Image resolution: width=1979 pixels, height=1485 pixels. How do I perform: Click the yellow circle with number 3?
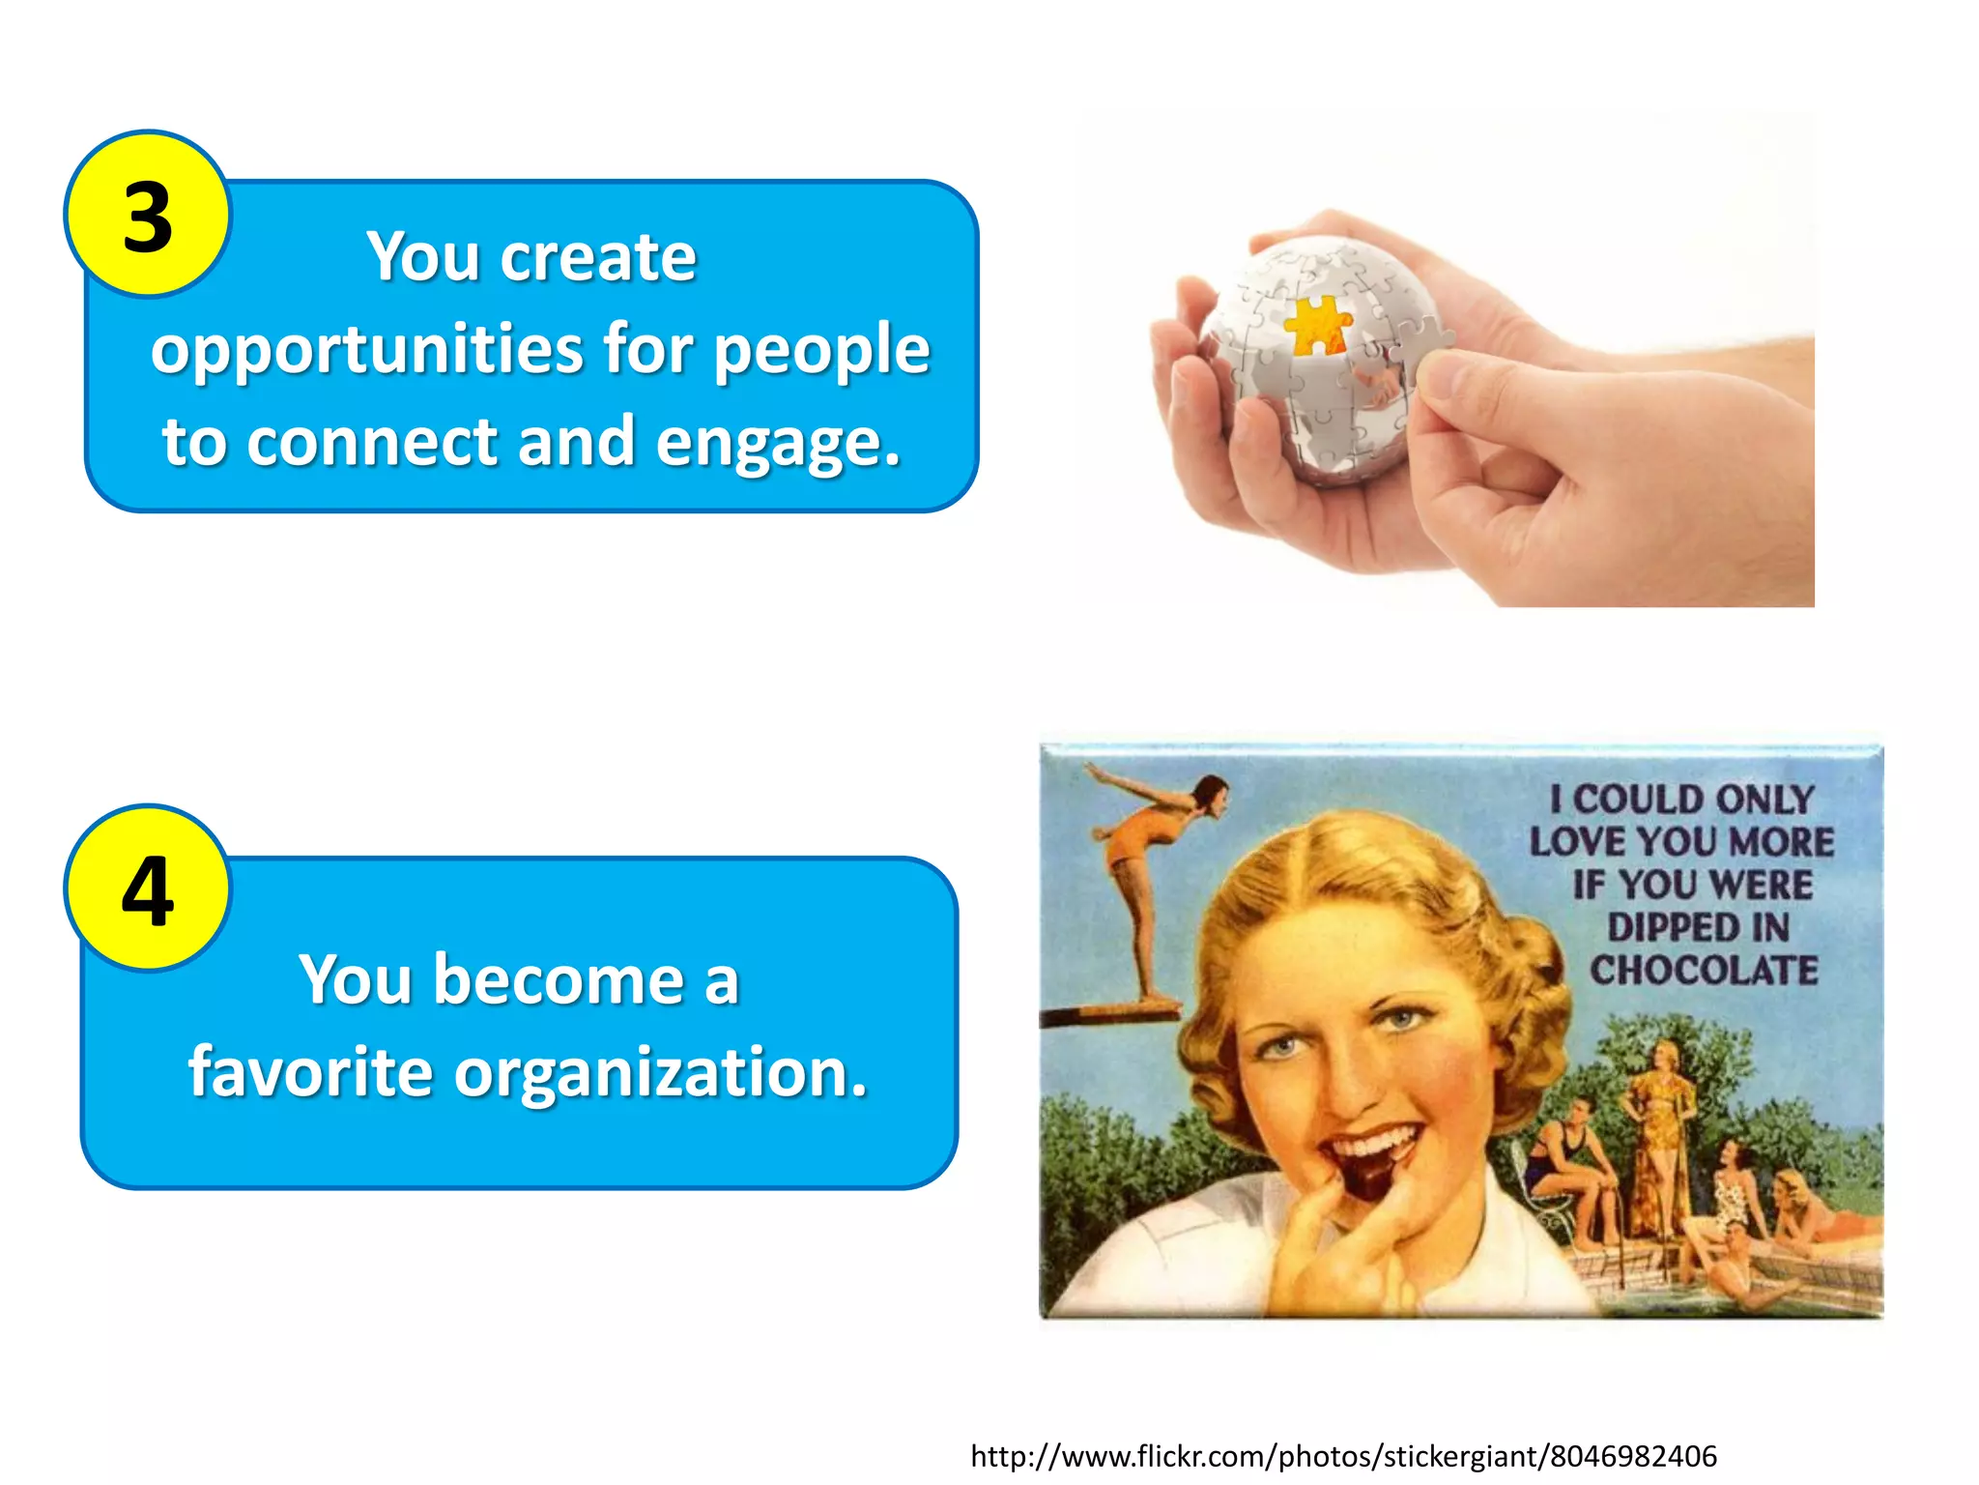(x=148, y=214)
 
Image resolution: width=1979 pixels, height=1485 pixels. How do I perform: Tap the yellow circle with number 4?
(x=148, y=888)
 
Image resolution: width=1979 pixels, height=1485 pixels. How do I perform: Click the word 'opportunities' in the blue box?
(x=366, y=350)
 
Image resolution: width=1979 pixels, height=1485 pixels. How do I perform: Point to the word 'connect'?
(x=372, y=442)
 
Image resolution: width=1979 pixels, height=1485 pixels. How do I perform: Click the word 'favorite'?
(x=310, y=1072)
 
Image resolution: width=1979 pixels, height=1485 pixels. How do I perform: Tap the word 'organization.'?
(x=661, y=1074)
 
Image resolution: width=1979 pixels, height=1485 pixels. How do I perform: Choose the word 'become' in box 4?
(x=559, y=980)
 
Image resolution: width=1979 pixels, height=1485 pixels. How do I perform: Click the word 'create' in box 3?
(x=598, y=258)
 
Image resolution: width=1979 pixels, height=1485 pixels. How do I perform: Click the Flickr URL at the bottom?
(x=1343, y=1456)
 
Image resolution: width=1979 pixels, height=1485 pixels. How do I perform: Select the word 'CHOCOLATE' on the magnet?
(x=1704, y=970)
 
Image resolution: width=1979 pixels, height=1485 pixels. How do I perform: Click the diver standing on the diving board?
(x=1150, y=870)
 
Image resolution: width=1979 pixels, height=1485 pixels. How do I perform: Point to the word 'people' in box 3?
(x=821, y=350)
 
